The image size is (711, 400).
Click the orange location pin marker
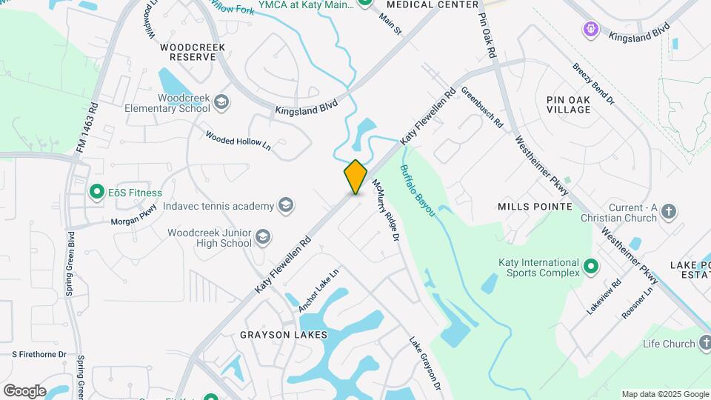[355, 177]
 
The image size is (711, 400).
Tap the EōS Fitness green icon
[96, 193]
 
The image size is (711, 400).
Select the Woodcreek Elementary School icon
[221, 101]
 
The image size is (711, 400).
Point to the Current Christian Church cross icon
[668, 212]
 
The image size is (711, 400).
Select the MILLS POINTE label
[535, 206]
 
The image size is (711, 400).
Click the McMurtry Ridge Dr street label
[386, 210]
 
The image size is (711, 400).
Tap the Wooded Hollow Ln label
[238, 141]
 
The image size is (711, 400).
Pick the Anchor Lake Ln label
[318, 289]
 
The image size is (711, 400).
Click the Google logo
[24, 390]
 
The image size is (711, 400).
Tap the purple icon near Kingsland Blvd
[590, 29]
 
